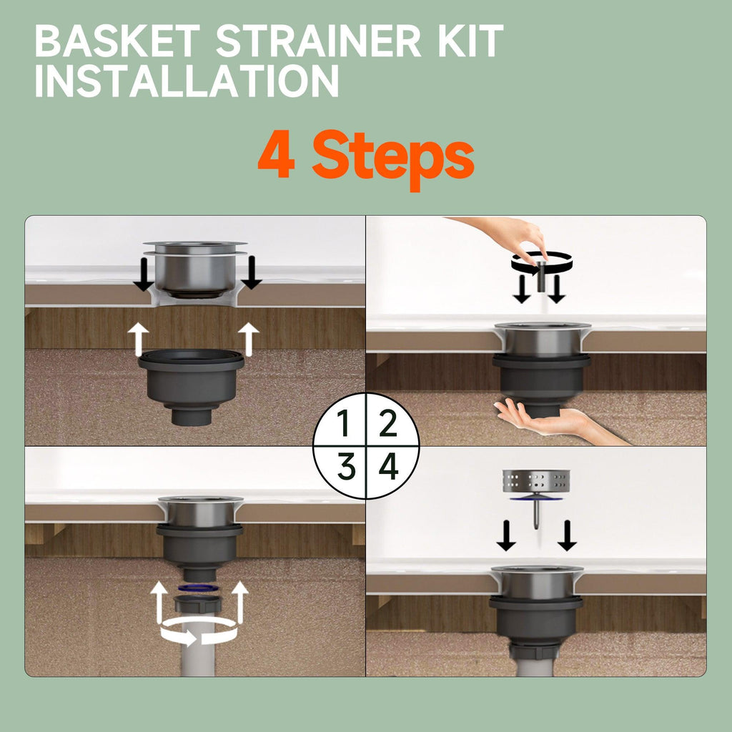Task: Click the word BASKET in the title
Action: point(117,41)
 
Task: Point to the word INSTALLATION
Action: point(187,81)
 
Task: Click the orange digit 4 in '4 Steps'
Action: point(277,154)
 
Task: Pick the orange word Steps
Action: point(393,159)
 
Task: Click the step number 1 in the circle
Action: point(344,423)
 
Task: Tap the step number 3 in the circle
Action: point(346,466)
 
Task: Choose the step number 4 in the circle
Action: point(389,466)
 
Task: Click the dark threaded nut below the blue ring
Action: point(197,603)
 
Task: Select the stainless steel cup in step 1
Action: point(195,269)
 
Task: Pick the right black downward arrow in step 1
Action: point(252,272)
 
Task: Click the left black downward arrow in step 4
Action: point(506,535)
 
